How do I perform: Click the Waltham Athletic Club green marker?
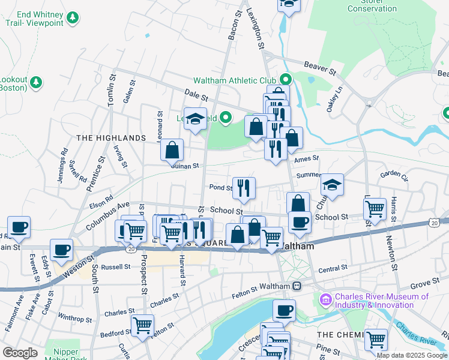pos(286,79)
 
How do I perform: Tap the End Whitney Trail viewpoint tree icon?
pos(73,18)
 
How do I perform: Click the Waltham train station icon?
pos(296,286)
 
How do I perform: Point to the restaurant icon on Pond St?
pos(244,188)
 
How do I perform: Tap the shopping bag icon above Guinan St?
pos(172,149)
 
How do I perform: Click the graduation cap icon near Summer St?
pos(331,185)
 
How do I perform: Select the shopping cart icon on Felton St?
pos(142,325)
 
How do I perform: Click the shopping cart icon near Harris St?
pos(375,209)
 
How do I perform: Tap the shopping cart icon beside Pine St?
pos(376,339)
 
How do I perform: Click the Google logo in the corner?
pos(20,353)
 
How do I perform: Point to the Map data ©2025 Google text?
pos(411,355)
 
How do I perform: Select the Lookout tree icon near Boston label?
pos(35,82)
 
